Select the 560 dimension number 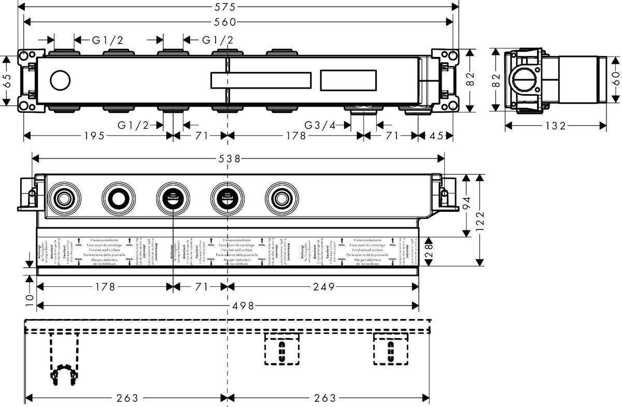click(225, 22)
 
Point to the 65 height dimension click(7, 80)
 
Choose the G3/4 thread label click(320, 125)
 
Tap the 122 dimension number click(481, 220)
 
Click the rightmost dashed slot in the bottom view click(390, 349)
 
